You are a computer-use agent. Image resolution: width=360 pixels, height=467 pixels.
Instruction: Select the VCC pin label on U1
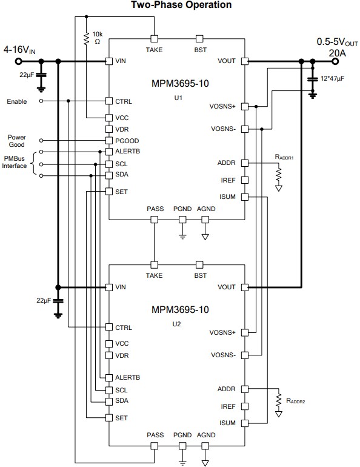[122, 117]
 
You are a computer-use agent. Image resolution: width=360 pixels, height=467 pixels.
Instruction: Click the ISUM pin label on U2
[227, 423]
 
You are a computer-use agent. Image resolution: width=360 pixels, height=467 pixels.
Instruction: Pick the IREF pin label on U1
[227, 180]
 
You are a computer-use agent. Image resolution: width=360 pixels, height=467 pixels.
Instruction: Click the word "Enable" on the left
[17, 101]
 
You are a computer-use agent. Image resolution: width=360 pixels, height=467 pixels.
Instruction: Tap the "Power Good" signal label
[17, 141]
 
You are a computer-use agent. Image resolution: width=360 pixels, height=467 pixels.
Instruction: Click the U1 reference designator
[180, 97]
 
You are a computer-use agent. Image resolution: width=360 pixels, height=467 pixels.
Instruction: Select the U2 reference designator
[180, 323]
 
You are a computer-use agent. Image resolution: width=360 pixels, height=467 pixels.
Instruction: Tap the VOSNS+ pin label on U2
[222, 332]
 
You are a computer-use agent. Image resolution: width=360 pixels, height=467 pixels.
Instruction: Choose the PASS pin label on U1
[155, 209]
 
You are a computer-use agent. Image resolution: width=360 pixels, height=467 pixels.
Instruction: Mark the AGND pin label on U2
[206, 435]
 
